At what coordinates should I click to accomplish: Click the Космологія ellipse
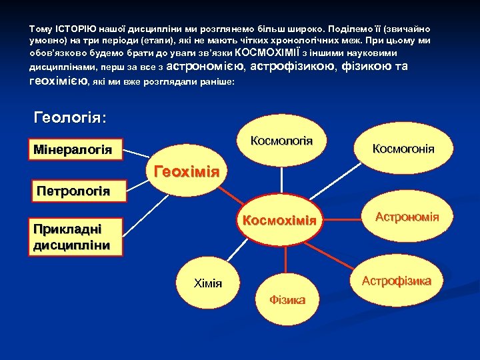281,142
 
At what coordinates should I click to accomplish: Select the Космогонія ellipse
403,148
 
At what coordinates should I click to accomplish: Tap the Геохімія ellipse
187,173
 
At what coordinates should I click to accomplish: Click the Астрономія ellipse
407,217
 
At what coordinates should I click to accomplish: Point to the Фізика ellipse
287,299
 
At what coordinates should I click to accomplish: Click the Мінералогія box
73,149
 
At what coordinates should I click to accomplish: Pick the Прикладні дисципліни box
71,237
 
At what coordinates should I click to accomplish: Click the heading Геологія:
70,117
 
